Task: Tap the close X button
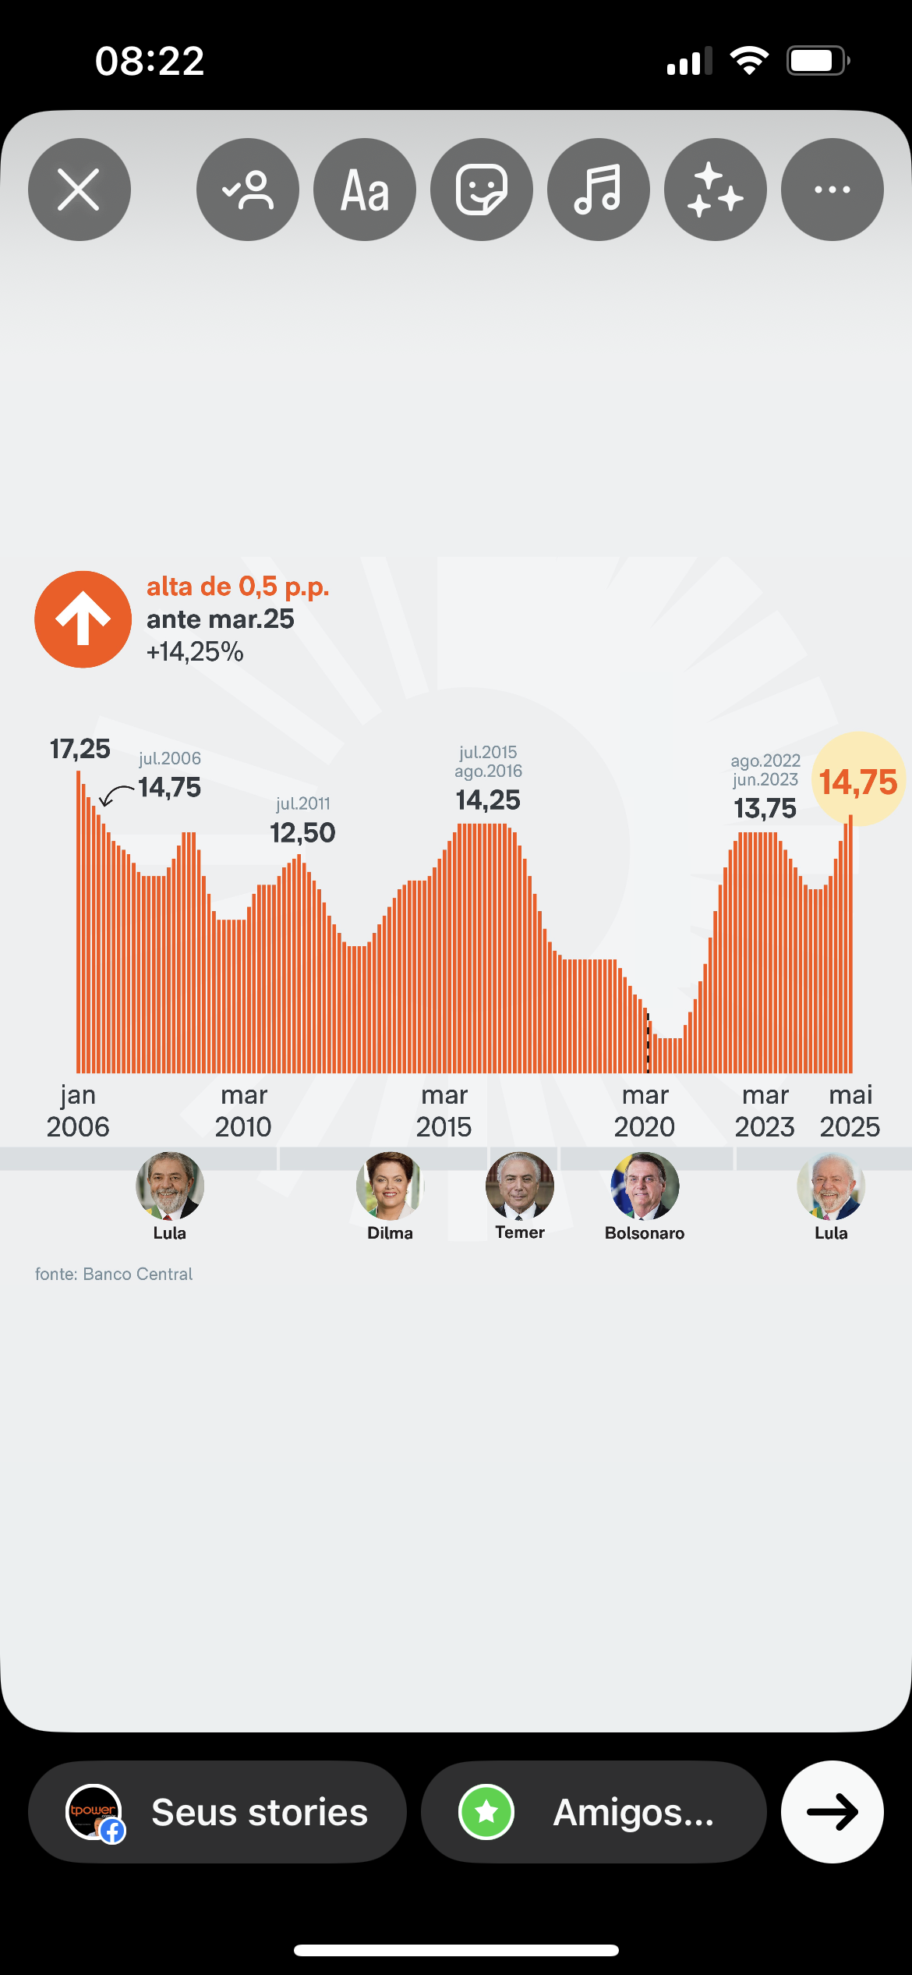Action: pos(79,190)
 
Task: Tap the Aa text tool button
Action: pos(365,190)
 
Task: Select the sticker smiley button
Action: pos(482,190)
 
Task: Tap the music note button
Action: pos(599,190)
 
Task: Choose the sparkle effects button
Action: pos(716,190)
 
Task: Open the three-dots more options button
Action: pos(832,190)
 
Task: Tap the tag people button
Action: pos(248,190)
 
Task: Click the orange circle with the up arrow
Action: pos(83,619)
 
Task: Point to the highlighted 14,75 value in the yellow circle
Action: pos(858,782)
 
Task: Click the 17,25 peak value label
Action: pos(80,749)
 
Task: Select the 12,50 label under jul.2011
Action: pos(302,833)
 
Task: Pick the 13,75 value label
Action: pos(765,809)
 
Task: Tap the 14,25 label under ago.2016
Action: pos(488,800)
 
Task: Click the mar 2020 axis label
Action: pos(645,1111)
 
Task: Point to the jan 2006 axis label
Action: pos(78,1111)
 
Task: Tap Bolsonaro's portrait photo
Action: pos(645,1186)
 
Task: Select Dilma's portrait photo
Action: pos(390,1186)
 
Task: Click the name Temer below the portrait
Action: pos(520,1232)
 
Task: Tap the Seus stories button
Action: pos(217,1812)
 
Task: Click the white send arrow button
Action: pos(832,1812)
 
